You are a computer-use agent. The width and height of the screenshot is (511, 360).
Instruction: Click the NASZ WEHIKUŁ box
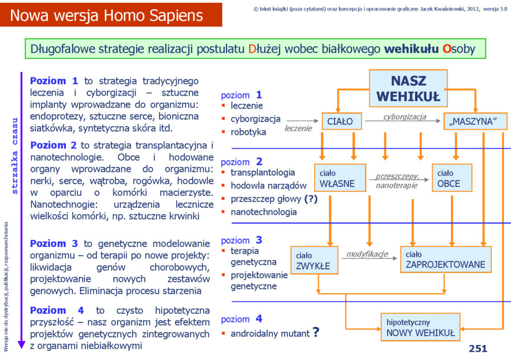408,88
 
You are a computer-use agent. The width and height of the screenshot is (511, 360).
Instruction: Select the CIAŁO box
341,121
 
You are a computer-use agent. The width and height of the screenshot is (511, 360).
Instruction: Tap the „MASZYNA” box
476,121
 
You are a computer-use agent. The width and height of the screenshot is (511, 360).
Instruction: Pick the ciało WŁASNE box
340,178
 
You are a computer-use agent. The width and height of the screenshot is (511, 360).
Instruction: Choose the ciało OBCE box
452,178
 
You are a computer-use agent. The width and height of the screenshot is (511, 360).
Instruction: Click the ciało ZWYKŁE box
314,260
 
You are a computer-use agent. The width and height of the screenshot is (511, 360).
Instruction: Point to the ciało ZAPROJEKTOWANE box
446,259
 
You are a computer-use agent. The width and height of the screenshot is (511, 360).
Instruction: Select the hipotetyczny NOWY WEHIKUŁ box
420,327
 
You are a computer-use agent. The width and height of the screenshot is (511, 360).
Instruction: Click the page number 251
478,349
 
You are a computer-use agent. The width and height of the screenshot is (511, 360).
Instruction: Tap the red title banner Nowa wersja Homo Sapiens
111,15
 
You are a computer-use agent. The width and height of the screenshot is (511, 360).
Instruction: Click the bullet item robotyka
248,132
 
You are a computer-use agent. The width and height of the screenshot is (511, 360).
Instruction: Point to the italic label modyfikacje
367,254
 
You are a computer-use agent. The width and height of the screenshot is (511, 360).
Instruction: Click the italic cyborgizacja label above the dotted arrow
404,117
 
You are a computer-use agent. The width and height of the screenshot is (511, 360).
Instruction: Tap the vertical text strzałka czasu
14,156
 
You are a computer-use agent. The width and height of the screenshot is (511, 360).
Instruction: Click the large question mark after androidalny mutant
316,332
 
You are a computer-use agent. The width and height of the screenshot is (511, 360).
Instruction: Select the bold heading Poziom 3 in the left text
54,243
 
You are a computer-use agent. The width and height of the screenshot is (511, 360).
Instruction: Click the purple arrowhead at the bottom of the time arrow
21,345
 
